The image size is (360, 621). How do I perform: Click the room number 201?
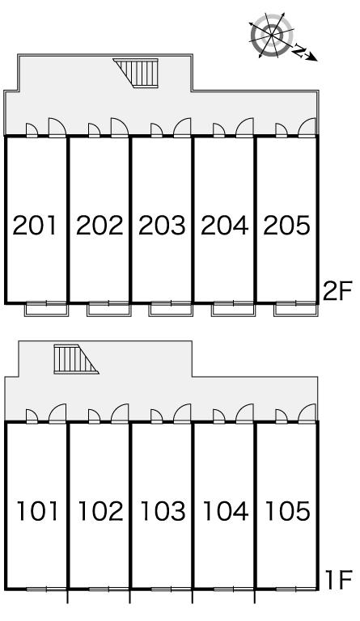tap(35, 226)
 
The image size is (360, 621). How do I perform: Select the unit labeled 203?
tap(162, 226)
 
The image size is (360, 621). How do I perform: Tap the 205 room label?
tap(286, 226)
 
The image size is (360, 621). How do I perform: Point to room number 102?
tap(100, 511)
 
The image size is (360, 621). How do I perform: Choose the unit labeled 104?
tap(226, 511)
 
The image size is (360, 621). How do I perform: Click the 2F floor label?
tap(337, 292)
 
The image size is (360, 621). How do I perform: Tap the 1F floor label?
tap(338, 580)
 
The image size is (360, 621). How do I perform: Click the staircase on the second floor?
tap(138, 73)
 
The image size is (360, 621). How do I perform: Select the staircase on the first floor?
tap(74, 359)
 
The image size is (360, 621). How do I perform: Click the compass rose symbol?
tap(272, 36)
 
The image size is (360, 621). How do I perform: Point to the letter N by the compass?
tap(299, 51)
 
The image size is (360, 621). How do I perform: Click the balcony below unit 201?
tap(47, 309)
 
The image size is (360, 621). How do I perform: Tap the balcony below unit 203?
tap(171, 309)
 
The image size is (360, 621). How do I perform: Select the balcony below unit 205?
tap(295, 309)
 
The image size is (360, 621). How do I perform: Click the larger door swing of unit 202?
tap(120, 128)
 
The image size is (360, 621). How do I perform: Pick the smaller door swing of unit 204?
tap(218, 130)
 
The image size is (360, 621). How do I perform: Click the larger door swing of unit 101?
tap(57, 413)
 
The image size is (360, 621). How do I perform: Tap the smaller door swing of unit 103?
tap(156, 416)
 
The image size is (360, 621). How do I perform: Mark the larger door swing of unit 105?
tap(307, 413)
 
